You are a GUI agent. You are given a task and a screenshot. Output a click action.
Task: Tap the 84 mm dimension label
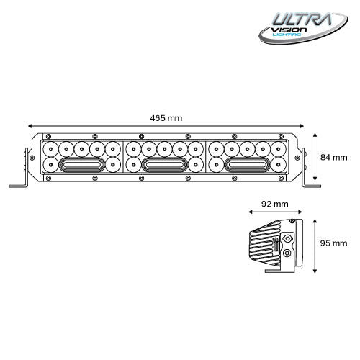334,157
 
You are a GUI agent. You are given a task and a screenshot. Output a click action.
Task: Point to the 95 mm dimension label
334,243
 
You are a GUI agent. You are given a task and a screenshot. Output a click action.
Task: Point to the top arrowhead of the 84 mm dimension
316,135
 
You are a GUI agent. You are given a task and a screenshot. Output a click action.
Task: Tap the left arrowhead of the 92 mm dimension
249,212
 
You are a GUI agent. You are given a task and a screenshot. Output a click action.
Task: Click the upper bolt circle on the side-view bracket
289,238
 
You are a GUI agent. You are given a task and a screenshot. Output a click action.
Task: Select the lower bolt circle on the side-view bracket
289,253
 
